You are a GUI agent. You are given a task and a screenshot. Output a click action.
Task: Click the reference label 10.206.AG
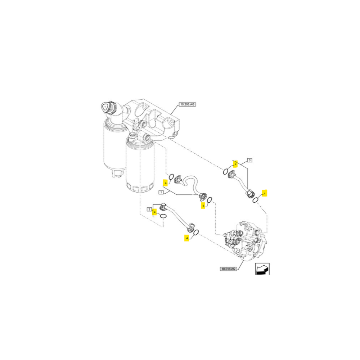point(188,104)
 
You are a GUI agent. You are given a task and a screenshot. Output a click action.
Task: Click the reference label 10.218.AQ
point(229,269)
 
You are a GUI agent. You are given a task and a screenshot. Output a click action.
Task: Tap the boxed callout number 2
point(149,209)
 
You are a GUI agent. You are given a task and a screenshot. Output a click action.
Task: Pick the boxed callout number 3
point(249,160)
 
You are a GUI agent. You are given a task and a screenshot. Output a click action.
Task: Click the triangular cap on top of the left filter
point(105,106)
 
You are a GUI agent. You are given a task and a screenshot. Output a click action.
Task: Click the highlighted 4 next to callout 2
point(155,212)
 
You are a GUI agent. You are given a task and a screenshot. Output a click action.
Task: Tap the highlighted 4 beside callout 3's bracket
point(235,164)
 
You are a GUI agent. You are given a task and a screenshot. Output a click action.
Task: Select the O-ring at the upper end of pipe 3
point(226,171)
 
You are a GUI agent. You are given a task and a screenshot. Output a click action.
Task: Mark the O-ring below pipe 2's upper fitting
point(163,216)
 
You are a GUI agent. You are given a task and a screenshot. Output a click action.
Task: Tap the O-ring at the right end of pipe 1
point(210,199)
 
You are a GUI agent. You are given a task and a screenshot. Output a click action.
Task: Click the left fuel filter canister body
point(113,144)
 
